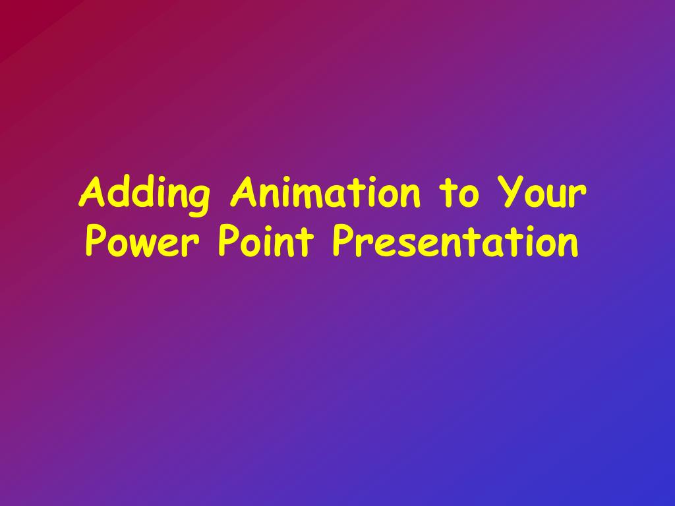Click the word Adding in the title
[144, 194]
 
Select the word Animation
[326, 192]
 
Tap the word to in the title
[459, 194]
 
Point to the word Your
[542, 192]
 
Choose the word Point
[266, 241]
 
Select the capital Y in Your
[510, 192]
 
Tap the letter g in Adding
[199, 200]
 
